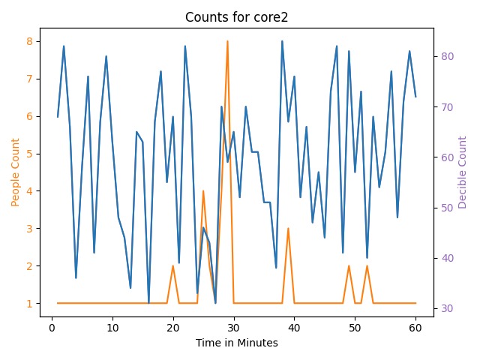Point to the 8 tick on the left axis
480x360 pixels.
pyautogui.click(x=29, y=41)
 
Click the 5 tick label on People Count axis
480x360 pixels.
pyautogui.click(x=29, y=154)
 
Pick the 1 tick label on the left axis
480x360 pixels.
pyautogui.click(x=29, y=304)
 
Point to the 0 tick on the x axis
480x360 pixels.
pyautogui.click(x=52, y=327)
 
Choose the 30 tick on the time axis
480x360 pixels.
pyautogui.click(x=233, y=327)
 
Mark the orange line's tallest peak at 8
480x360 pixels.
pyautogui.click(x=227, y=41)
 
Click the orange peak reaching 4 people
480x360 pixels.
pyautogui.click(x=203, y=191)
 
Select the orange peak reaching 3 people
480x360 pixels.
pyautogui.click(x=288, y=229)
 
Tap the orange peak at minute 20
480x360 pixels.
pyautogui.click(x=172, y=265)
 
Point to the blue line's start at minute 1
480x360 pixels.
pyautogui.click(x=58, y=117)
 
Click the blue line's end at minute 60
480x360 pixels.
pyautogui.click(x=415, y=97)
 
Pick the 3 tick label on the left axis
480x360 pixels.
pyautogui.click(x=29, y=229)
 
